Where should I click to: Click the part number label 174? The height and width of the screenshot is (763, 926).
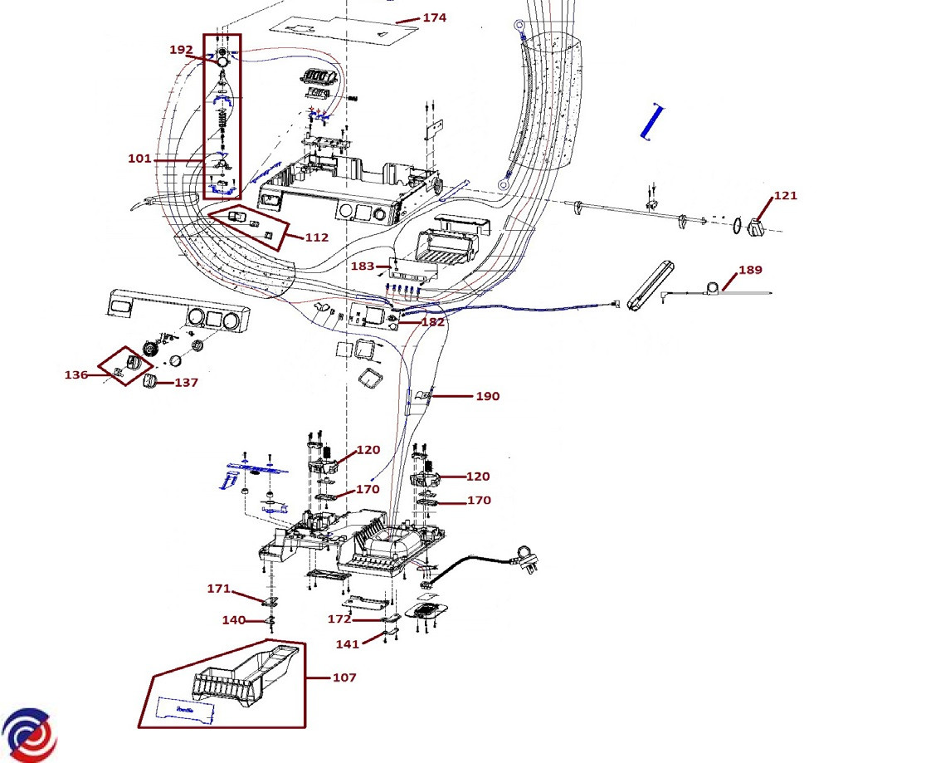435,17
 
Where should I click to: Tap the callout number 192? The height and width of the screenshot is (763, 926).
182,50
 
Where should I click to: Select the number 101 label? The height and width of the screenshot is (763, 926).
140,159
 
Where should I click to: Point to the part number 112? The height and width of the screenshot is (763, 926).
316,237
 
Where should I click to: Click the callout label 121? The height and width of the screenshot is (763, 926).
786,196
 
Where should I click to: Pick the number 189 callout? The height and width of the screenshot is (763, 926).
751,270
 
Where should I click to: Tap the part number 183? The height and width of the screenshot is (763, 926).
363,266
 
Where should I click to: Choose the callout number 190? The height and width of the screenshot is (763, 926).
488,397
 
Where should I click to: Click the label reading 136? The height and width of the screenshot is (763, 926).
76,374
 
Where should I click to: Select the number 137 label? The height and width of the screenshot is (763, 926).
187,383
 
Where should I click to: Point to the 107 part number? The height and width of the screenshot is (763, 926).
344,677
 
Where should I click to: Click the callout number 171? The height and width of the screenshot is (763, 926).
218,589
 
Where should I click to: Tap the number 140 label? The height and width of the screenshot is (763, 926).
234,620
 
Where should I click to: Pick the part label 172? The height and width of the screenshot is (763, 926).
339,619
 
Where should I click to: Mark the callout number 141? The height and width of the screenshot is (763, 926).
348,644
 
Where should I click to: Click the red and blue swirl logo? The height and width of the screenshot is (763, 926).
30,736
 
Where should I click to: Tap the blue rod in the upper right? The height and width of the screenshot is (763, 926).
652,122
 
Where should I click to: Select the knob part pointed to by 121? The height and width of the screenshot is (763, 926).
755,227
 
